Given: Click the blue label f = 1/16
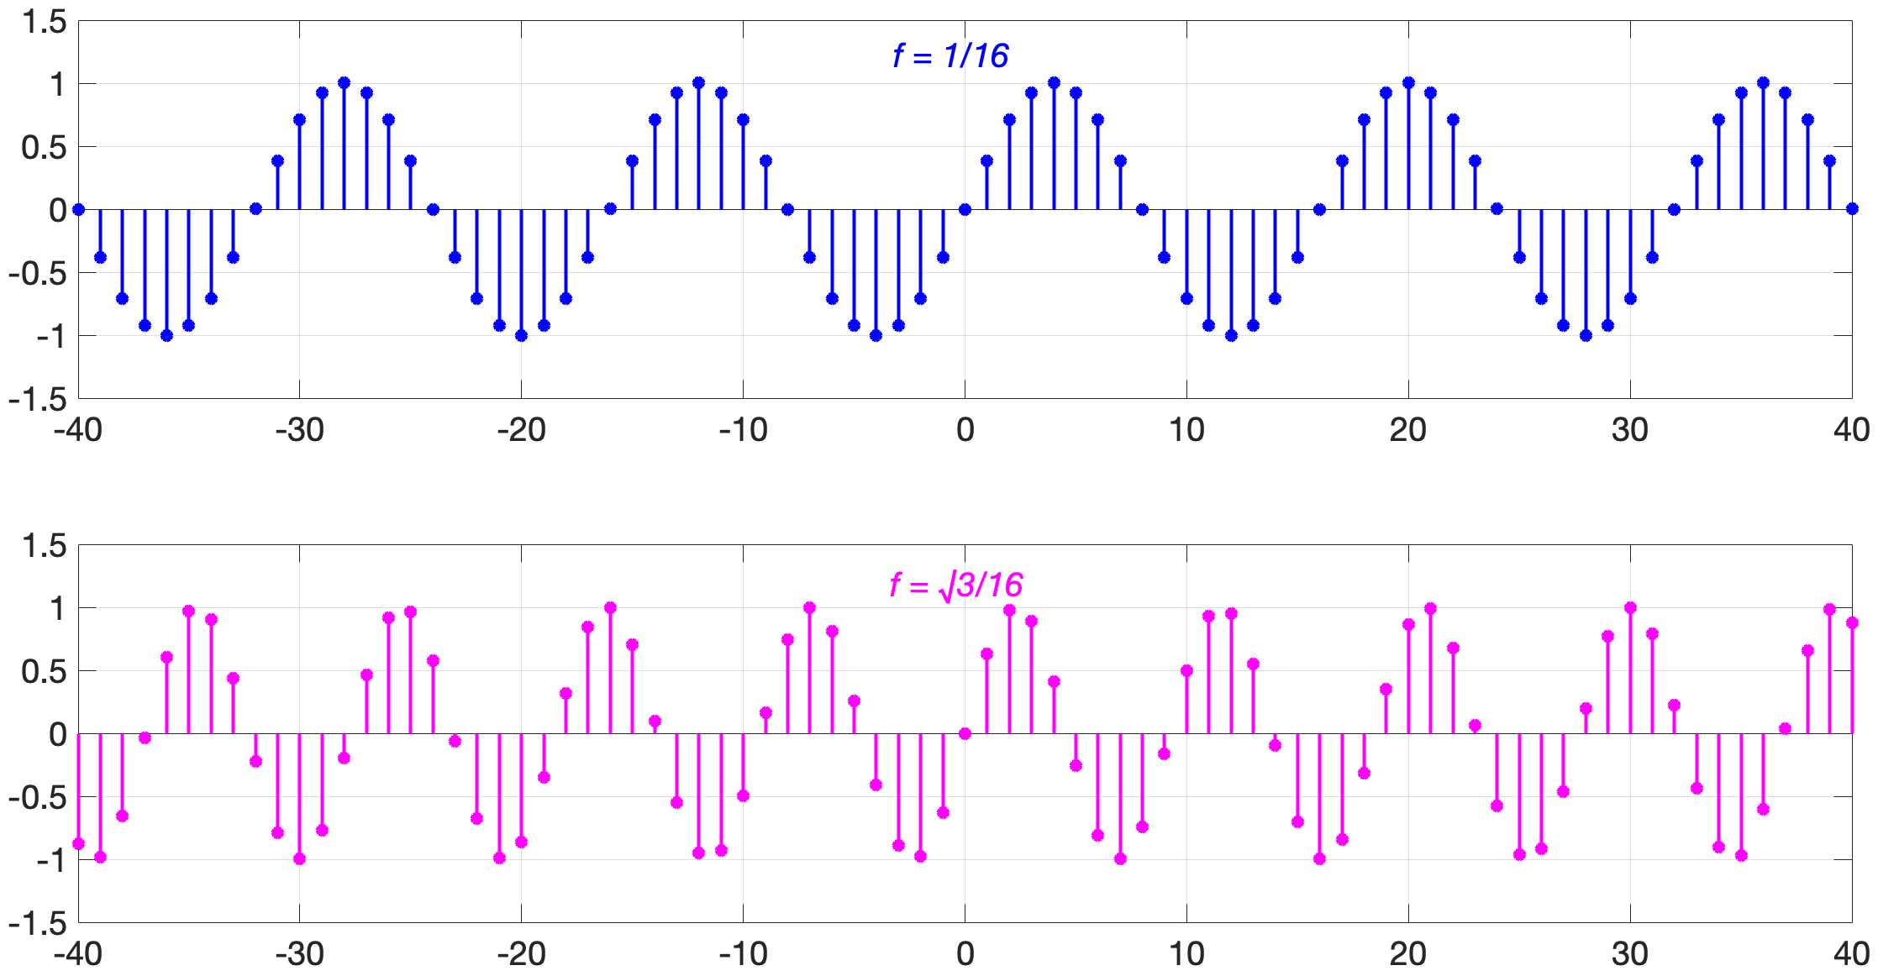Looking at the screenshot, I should [x=950, y=56].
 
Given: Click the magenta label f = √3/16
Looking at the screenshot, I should [x=956, y=585].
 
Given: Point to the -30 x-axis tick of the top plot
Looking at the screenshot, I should [x=300, y=430].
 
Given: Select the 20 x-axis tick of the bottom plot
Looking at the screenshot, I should [x=1408, y=954].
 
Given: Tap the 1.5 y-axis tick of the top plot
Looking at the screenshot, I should [x=45, y=22].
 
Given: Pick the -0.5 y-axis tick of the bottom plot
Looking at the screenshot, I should [x=37, y=797].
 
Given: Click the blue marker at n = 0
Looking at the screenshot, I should [x=965, y=209].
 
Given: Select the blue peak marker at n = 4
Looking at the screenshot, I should [x=1054, y=82].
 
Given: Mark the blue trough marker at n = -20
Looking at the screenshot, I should [x=521, y=335].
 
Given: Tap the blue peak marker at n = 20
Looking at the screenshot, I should [x=1408, y=82].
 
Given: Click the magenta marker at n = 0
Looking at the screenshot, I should [x=965, y=733].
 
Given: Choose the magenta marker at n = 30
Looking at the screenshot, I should [x=1630, y=607].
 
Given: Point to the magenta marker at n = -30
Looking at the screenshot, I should [x=300, y=858].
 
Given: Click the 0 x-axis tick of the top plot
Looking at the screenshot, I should [x=965, y=430].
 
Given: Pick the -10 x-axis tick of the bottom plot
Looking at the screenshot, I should [x=743, y=954].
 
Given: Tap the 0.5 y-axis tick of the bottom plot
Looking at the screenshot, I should [x=45, y=671].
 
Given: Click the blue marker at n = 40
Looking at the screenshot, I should [x=1852, y=209].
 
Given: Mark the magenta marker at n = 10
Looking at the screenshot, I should [x=1186, y=670].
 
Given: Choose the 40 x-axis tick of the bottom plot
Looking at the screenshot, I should [x=1851, y=954].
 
